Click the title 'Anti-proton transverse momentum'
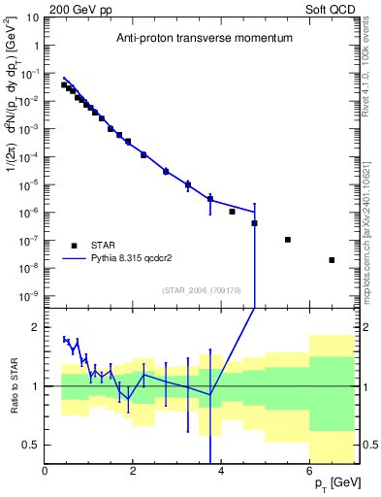[203, 39]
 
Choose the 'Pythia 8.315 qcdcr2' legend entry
[133, 259]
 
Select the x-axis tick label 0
[46, 472]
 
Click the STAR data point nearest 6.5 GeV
[332, 260]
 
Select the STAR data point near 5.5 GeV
[288, 240]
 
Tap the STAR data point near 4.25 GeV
[233, 212]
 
